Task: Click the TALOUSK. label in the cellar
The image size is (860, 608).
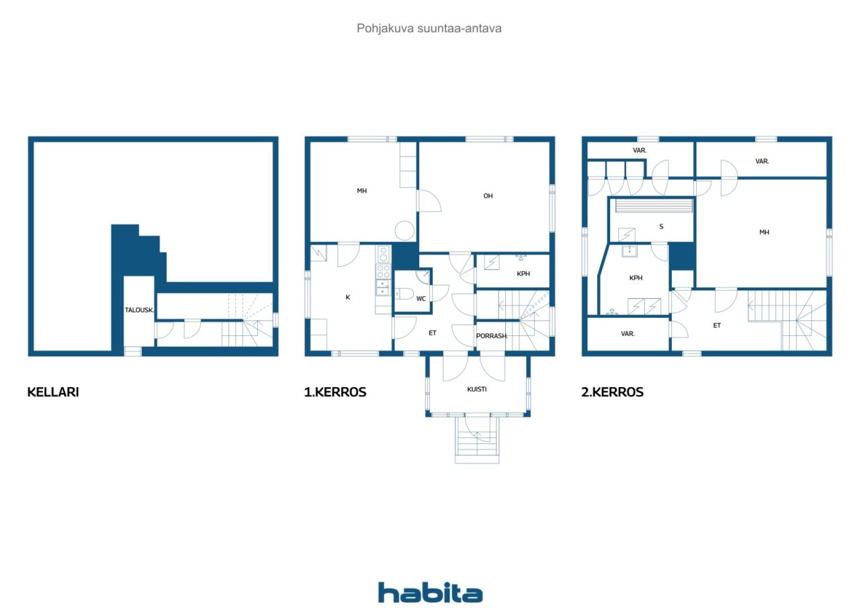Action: click(139, 310)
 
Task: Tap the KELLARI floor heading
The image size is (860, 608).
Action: click(53, 392)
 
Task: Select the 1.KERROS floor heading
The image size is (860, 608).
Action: click(335, 392)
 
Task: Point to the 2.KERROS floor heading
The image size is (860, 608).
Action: click(612, 392)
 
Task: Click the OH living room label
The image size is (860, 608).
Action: click(488, 196)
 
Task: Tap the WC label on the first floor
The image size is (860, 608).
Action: click(421, 299)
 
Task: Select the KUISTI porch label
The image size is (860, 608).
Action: click(476, 389)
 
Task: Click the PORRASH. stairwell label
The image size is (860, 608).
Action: click(492, 336)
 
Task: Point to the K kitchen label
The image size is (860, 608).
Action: click(348, 297)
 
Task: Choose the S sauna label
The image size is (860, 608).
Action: click(661, 226)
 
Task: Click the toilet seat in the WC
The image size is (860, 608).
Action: click(403, 294)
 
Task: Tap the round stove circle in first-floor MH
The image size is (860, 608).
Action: click(404, 231)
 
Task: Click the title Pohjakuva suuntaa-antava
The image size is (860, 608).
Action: click(429, 28)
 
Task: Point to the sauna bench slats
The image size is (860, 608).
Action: click(654, 206)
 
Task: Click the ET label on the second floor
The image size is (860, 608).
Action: click(717, 325)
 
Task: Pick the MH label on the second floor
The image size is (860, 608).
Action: click(764, 232)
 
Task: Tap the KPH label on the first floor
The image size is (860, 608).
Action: click(523, 273)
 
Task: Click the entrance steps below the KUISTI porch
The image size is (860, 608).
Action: click(477, 440)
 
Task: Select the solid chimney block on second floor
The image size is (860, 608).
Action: click(682, 257)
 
